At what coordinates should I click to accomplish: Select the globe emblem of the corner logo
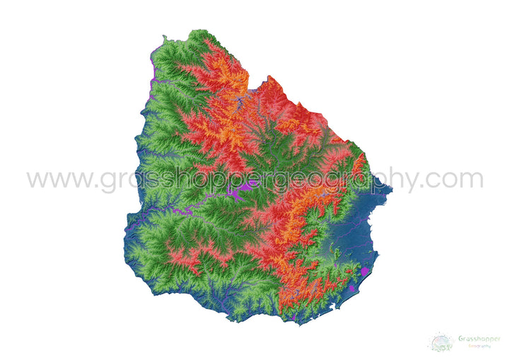tap(442, 342)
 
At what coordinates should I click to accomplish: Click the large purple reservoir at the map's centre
tap(244, 187)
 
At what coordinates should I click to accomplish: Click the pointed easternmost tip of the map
tap(391, 188)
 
